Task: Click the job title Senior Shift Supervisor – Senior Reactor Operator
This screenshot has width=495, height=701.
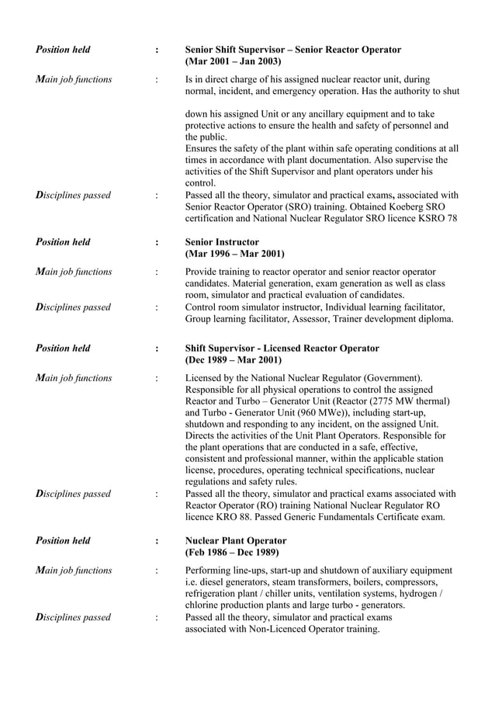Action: click(x=293, y=50)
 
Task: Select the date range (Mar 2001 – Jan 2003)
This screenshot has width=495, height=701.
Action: click(x=233, y=61)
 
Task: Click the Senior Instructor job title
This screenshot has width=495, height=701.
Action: click(x=222, y=242)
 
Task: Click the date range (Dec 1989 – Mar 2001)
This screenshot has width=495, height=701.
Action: click(x=234, y=360)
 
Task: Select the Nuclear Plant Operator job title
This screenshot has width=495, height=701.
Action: click(x=236, y=540)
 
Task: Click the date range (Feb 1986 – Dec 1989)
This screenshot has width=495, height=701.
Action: click(x=233, y=552)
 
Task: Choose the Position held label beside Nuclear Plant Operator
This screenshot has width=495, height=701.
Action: click(x=63, y=540)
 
